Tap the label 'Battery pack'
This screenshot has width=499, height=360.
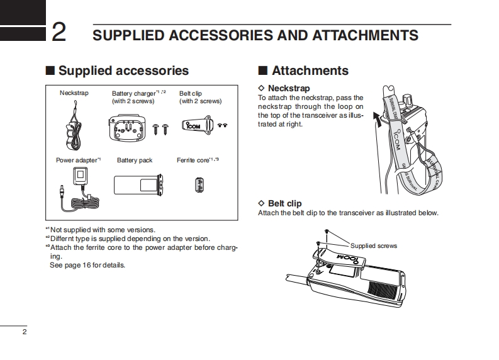pos(135,160)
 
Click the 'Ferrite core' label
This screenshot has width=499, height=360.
pos(194,160)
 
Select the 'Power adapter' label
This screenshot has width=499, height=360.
pos(77,160)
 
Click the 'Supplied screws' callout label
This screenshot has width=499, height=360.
pos(374,246)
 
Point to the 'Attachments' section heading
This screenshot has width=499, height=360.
pos(310,71)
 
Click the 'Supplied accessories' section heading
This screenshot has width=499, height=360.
pos(123,71)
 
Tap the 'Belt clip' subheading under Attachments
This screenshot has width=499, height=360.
pos(284,203)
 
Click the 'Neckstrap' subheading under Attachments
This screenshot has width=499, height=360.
pos(289,89)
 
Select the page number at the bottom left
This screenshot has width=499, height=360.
pos(25,332)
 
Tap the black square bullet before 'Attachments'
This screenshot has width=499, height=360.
pos(263,71)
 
